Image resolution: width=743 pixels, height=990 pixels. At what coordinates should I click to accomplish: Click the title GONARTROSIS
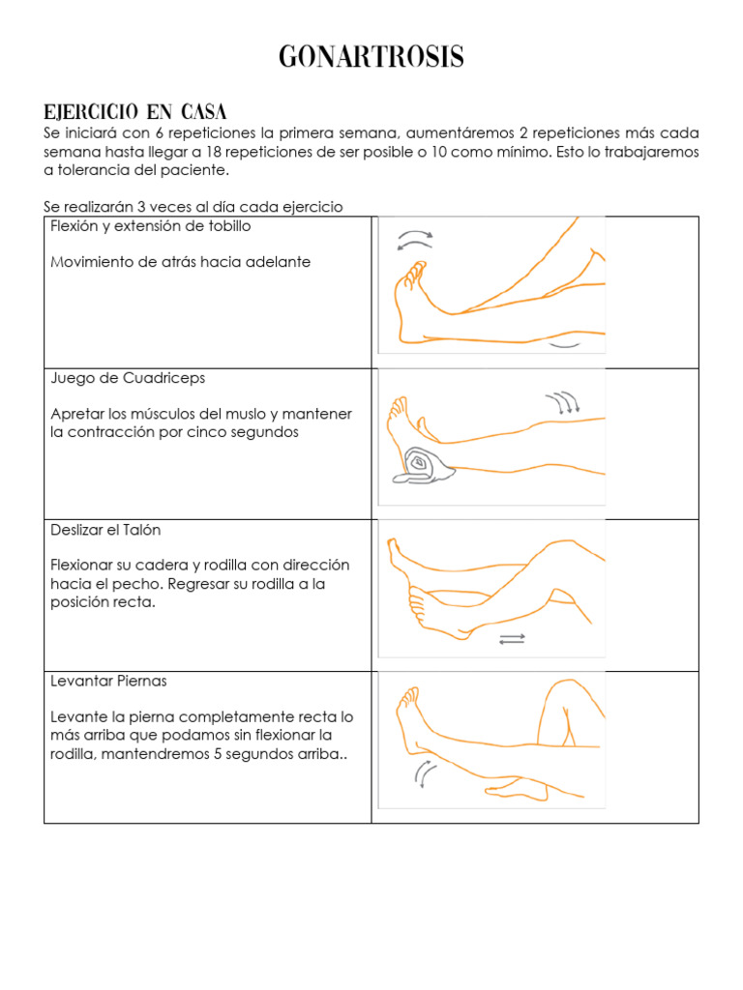click(371, 58)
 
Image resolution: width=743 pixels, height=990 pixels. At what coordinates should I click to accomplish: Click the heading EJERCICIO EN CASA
click(134, 111)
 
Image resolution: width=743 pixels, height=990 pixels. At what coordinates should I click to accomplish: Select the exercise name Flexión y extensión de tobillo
click(151, 226)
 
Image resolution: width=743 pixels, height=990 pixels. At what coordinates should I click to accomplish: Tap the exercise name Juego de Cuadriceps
click(128, 378)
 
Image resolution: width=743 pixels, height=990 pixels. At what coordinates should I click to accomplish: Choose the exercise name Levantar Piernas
click(108, 681)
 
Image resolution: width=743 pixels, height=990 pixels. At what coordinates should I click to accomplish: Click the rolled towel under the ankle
click(424, 466)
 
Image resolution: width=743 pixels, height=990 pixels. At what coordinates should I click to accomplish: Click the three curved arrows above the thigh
click(562, 402)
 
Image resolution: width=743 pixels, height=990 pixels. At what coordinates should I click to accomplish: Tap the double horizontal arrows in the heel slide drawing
click(513, 639)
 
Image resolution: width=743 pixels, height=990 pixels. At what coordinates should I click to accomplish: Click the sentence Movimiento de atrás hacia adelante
click(180, 262)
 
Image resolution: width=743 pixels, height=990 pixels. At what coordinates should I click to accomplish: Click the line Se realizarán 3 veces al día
click(193, 207)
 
